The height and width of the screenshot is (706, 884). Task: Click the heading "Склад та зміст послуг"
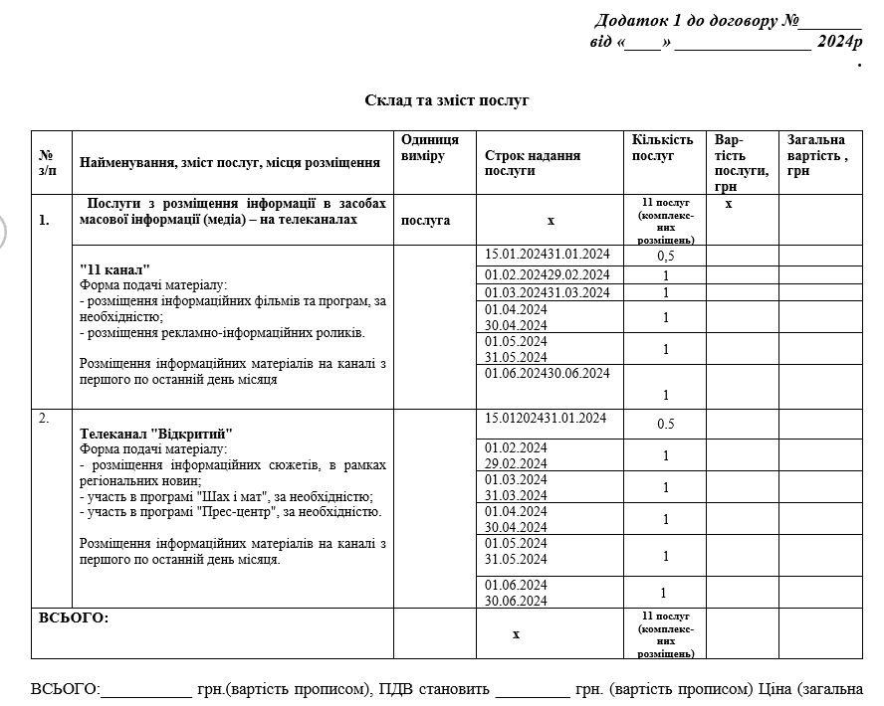pos(447,100)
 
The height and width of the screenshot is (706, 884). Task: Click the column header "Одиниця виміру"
pos(430,148)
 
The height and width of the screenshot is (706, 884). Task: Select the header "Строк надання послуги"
pos(533,162)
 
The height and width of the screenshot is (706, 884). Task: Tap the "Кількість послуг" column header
pos(662,148)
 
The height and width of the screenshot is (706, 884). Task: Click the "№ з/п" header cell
pos(47,162)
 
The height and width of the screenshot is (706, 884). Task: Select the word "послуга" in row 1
pos(425,220)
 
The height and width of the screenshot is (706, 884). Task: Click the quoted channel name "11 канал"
pos(114,269)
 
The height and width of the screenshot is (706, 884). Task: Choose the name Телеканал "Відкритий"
pos(155,434)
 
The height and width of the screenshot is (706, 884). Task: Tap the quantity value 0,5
pos(666,256)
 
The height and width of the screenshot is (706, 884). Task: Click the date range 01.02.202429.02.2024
pos(547,274)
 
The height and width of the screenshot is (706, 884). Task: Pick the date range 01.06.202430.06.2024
pos(547,373)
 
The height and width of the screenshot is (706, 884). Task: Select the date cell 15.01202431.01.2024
pos(546,418)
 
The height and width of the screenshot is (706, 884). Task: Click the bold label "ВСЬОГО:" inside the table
pos(74,618)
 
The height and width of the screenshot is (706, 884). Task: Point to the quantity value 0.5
pos(666,424)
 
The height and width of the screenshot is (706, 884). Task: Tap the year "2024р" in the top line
pos(838,42)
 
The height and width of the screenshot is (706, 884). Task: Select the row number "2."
pos(44,418)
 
